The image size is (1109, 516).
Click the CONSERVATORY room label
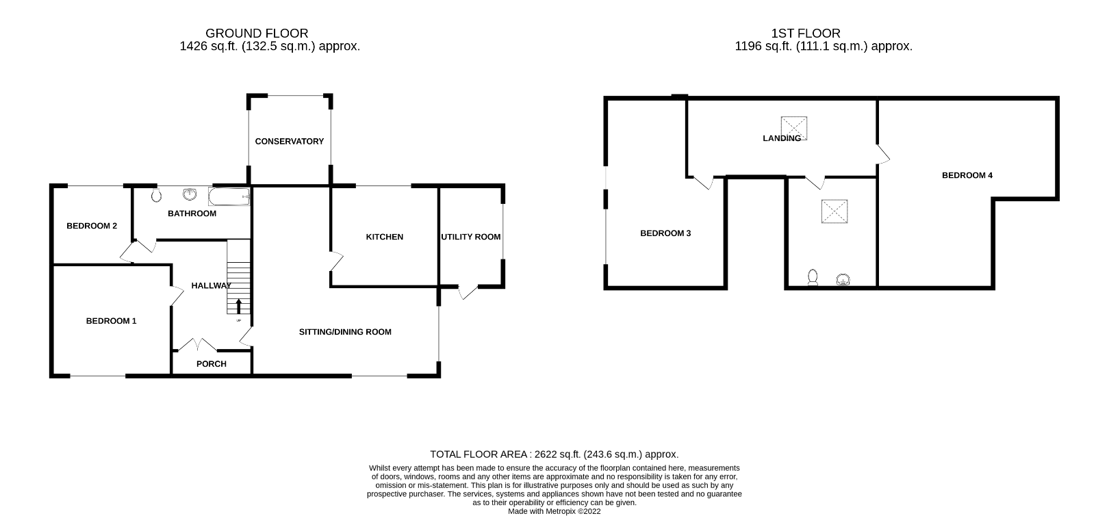[x=289, y=142]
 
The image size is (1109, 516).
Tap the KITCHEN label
[x=385, y=237]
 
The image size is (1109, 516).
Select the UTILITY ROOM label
[x=470, y=237]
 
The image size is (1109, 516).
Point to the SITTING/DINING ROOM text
[x=345, y=332]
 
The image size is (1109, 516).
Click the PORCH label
[x=211, y=364]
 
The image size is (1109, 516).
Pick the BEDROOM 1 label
[x=111, y=321]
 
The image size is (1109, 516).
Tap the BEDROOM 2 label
[x=92, y=227]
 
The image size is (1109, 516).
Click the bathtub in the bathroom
[x=229, y=198]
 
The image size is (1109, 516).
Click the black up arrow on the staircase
[x=238, y=305]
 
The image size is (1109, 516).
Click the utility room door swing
[x=468, y=292]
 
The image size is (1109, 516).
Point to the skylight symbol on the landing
[x=795, y=127]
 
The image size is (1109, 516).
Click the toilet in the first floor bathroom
[x=813, y=277]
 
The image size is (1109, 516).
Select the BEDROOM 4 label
[x=967, y=175]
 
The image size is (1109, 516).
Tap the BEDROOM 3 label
[x=665, y=233]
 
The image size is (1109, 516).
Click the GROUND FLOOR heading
[x=257, y=33]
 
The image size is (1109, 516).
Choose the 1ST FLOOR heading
[x=805, y=33]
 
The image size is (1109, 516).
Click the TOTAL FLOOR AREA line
[x=554, y=454]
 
